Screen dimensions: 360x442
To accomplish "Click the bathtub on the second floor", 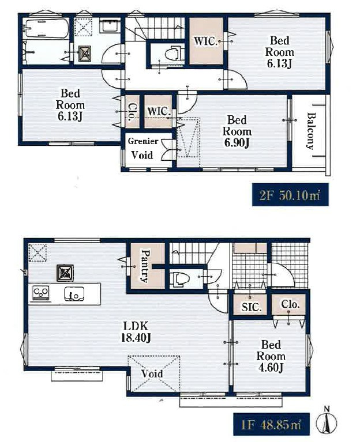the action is pos(47,28).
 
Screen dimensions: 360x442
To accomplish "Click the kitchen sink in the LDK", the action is pos(74,294).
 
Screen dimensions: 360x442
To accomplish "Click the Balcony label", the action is pos(310,131).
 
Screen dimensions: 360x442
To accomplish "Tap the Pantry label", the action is pos(145,265).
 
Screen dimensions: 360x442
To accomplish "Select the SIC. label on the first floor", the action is pos(252,307).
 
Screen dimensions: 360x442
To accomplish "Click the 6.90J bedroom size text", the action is pos(237,143).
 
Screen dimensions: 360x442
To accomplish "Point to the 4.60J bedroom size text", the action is pos(271,368).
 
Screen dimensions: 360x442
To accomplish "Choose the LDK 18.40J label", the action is pos(136,331).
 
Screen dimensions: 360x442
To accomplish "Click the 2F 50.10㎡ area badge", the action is pos(290,195).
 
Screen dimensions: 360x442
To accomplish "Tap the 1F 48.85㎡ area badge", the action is pos(271,424).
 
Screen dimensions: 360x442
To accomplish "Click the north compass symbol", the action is pos(327,422).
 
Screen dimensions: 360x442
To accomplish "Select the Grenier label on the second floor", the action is pos(143,141).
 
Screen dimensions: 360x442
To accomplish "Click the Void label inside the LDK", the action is pos(152,374).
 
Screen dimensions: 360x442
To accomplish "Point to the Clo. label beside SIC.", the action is pos(290,304).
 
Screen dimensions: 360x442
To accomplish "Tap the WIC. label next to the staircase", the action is pos(206,41).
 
